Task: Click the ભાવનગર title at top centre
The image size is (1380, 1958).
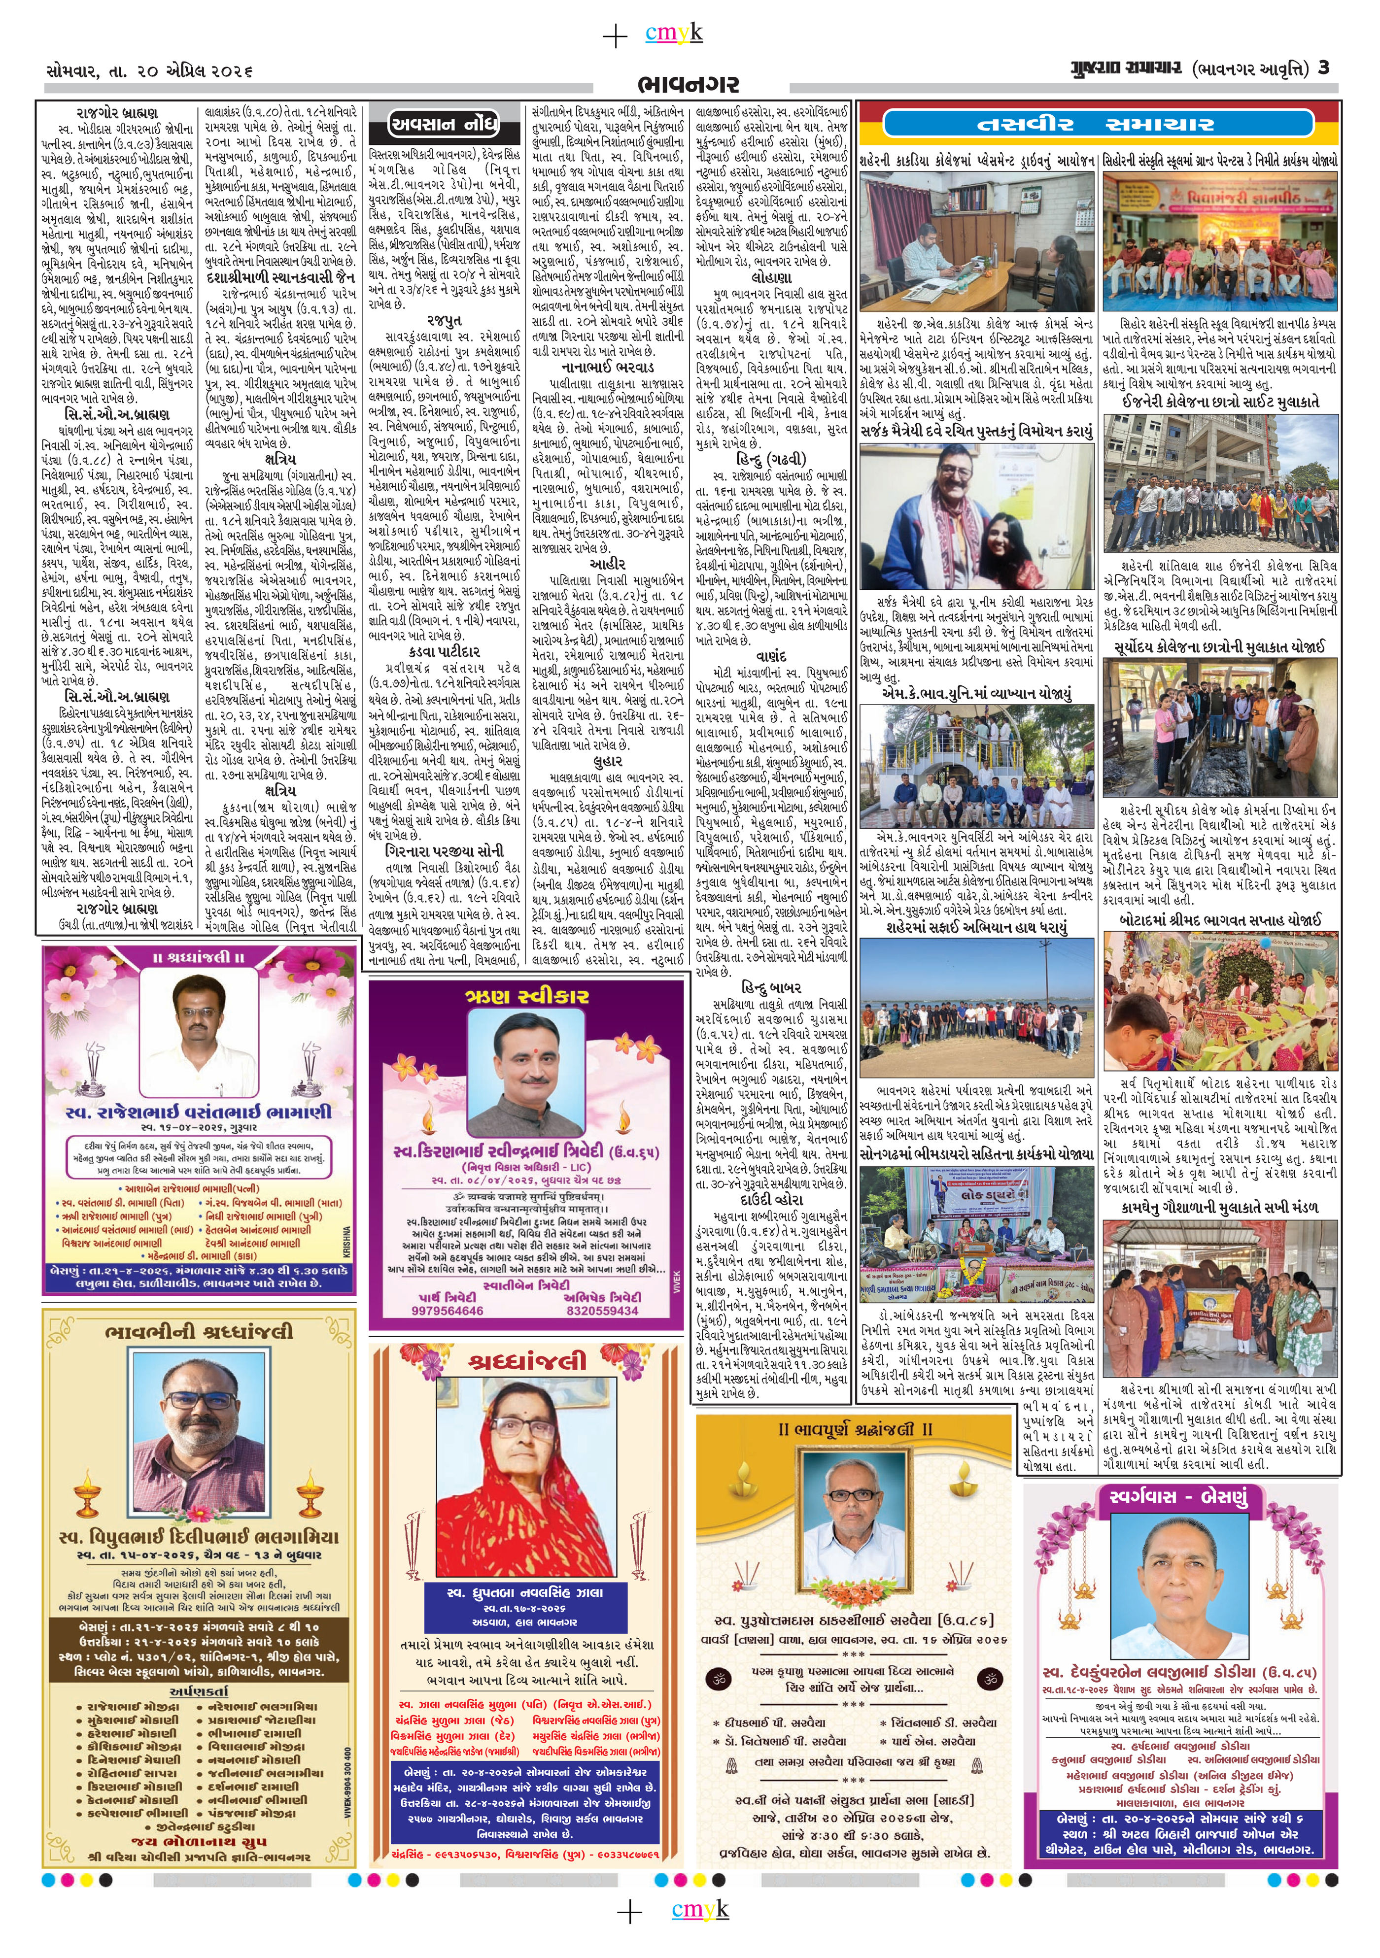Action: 688,84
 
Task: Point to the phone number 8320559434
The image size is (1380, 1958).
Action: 602,1311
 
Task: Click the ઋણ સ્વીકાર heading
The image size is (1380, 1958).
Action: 526,996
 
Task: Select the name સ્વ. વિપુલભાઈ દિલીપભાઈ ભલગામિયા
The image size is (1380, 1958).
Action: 199,1538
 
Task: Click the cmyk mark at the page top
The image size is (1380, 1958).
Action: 674,33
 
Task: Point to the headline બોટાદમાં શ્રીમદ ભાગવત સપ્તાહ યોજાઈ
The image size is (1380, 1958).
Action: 1220,920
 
